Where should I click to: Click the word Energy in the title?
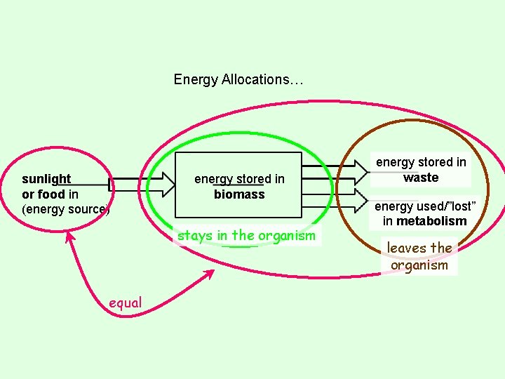point(196,79)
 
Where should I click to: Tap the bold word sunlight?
point(46,179)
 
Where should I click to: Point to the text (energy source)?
point(66,209)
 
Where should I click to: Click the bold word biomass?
point(239,194)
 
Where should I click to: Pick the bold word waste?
point(421,178)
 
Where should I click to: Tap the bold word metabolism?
point(431,221)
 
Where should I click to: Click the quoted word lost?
point(462,206)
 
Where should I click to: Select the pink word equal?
point(126,302)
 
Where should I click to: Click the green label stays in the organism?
point(246,236)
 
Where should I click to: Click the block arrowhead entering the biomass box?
point(166,185)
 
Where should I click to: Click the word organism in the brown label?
point(419,265)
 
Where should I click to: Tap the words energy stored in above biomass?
point(239,179)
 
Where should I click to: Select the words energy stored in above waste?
point(421,162)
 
